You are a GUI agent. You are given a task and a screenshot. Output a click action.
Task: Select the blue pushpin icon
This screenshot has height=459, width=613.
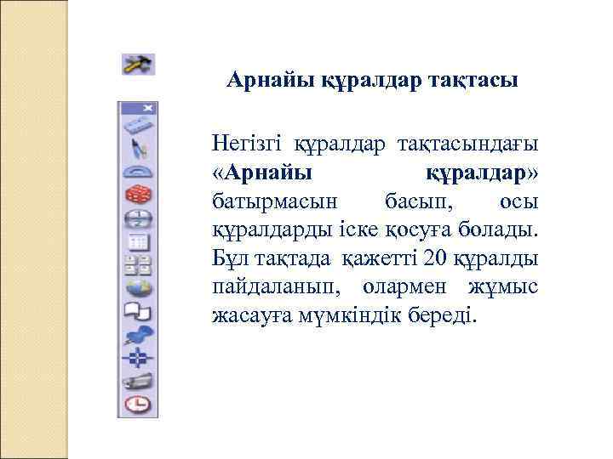(x=138, y=333)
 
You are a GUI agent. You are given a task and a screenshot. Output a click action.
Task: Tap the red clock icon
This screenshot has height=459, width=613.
(x=138, y=403)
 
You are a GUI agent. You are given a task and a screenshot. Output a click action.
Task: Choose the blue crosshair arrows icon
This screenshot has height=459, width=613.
(x=138, y=357)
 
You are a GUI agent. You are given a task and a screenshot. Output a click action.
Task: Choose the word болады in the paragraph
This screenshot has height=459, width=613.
(x=502, y=229)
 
